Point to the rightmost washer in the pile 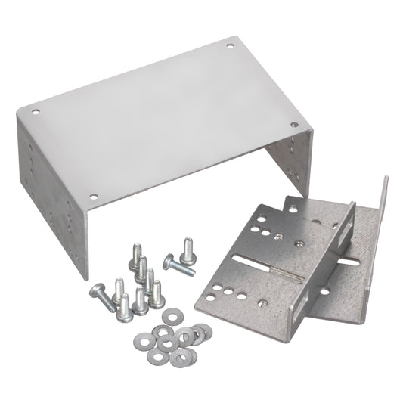pos(206,330)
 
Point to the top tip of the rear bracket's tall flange pos(386,179)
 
